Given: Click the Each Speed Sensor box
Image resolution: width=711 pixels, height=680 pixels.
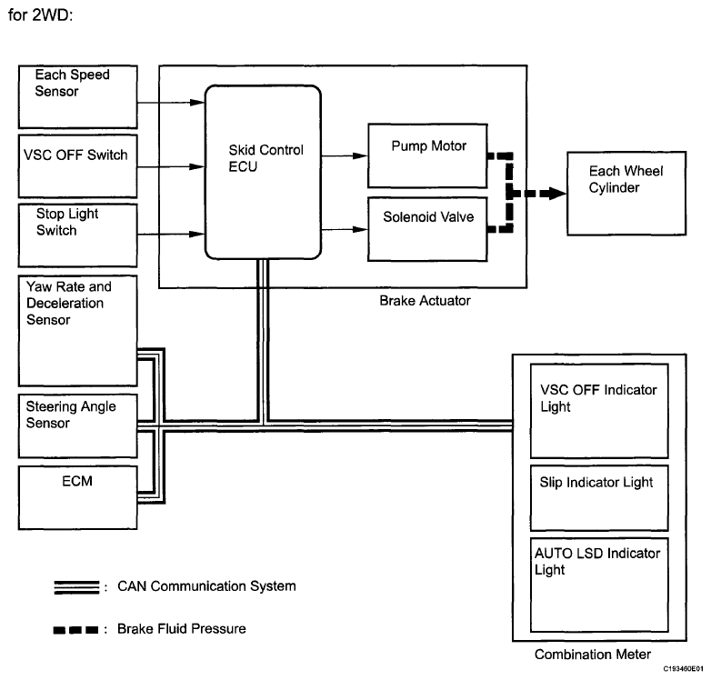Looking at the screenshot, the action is [x=78, y=96].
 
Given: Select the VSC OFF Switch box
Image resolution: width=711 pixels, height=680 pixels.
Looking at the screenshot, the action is [x=78, y=166].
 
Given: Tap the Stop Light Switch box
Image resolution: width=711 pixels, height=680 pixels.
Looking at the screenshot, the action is [x=78, y=235].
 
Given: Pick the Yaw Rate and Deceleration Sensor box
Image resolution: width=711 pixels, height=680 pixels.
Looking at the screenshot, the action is [x=78, y=331].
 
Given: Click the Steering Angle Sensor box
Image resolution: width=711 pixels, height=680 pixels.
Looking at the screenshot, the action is [x=78, y=425].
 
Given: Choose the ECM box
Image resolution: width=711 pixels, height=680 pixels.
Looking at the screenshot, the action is [x=78, y=497].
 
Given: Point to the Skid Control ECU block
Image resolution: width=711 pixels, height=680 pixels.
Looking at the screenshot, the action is [x=263, y=172].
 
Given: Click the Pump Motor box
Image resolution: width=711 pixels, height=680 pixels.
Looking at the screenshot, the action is [x=427, y=155].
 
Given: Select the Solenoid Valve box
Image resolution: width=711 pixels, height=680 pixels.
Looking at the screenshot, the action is [x=427, y=229].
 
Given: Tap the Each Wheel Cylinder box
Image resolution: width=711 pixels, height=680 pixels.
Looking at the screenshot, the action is [x=626, y=194].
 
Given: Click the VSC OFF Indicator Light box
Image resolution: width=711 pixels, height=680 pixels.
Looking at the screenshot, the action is [x=599, y=411].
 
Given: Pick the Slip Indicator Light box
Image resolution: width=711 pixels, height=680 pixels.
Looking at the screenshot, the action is [x=599, y=498].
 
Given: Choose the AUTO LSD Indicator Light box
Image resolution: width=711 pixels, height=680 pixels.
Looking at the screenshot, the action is [x=599, y=585].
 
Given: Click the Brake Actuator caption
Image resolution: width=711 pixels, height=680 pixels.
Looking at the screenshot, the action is [x=425, y=301].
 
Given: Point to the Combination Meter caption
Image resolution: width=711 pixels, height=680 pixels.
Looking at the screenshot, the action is [x=592, y=655].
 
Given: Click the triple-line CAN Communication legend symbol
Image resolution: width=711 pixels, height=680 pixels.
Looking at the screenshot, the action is [x=76, y=587].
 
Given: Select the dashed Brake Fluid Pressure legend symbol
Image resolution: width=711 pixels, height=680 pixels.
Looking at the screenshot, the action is [x=75, y=630].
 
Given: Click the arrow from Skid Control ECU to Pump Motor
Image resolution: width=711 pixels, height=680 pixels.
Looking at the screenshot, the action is [x=345, y=156].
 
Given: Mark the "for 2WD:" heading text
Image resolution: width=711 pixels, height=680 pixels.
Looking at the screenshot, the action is [x=40, y=15].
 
